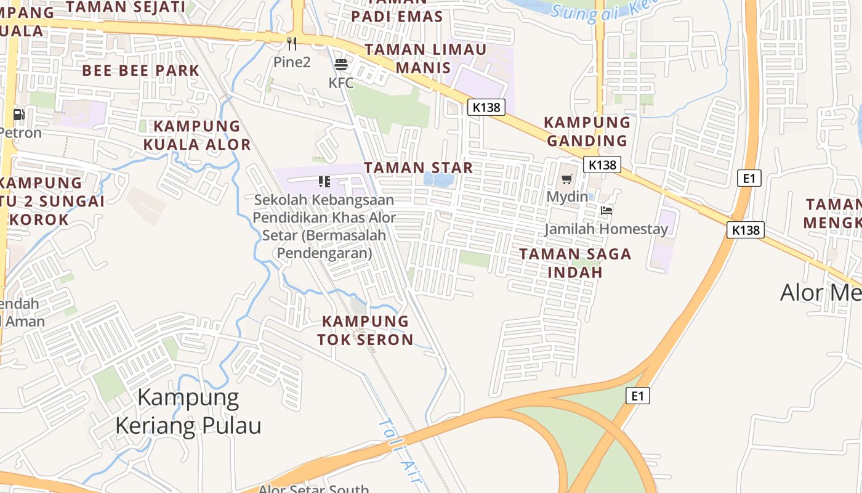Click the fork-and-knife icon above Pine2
[x=292, y=43]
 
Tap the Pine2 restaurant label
[x=292, y=62]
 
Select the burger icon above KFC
[x=341, y=64]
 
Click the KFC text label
[x=341, y=83]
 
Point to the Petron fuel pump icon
[x=18, y=115]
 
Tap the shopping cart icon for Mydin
[x=566, y=179]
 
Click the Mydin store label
[x=566, y=197]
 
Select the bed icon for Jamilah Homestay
[x=606, y=211]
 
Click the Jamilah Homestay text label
[x=606, y=230]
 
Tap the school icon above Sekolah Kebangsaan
[x=324, y=181]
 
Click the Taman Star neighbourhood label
[x=418, y=168]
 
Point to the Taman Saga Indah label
[x=575, y=263]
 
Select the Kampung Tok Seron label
[x=365, y=330]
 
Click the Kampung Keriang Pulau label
[x=188, y=411]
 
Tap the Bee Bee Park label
[x=141, y=70]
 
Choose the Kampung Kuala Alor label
[x=197, y=136]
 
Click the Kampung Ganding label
[x=587, y=131]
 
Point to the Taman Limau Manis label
[x=425, y=58]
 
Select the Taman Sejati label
[x=125, y=7]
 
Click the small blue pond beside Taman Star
[x=438, y=180]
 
